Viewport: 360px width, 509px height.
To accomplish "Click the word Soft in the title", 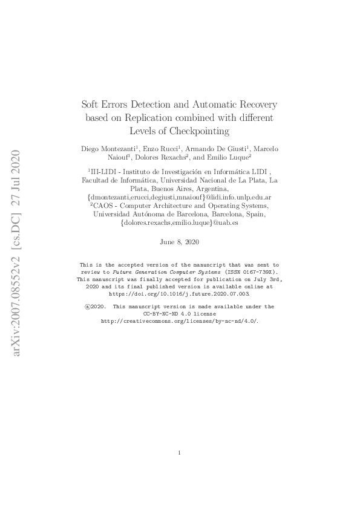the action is pyautogui.click(x=91, y=104).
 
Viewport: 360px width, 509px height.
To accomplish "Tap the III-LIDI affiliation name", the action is pyautogui.click(x=104, y=172).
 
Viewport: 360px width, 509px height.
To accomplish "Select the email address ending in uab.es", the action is pyautogui.click(x=180, y=222).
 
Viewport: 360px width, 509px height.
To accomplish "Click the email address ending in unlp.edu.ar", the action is pyautogui.click(x=180, y=197).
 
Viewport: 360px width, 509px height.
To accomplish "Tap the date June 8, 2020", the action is pyautogui.click(x=180, y=242).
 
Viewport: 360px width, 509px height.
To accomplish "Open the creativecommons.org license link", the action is pyautogui.click(x=179, y=320).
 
